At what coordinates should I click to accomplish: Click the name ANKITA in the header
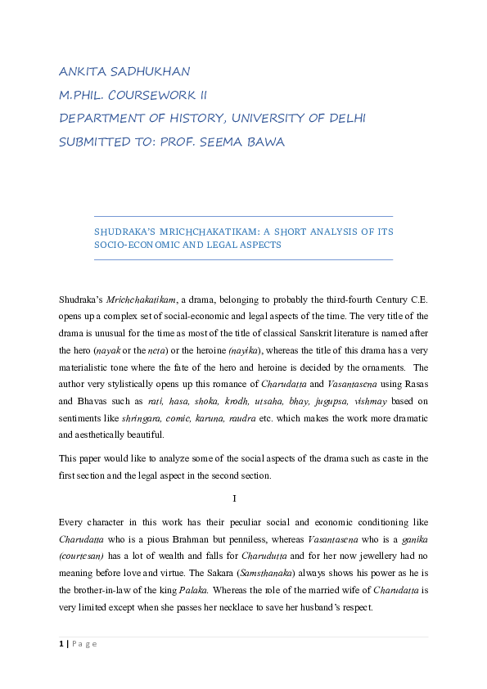coord(83,71)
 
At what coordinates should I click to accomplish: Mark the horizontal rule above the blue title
coord(244,216)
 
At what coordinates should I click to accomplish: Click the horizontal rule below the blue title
coord(244,260)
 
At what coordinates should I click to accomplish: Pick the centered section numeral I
coord(235,498)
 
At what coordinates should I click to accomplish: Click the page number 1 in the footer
coord(61,644)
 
